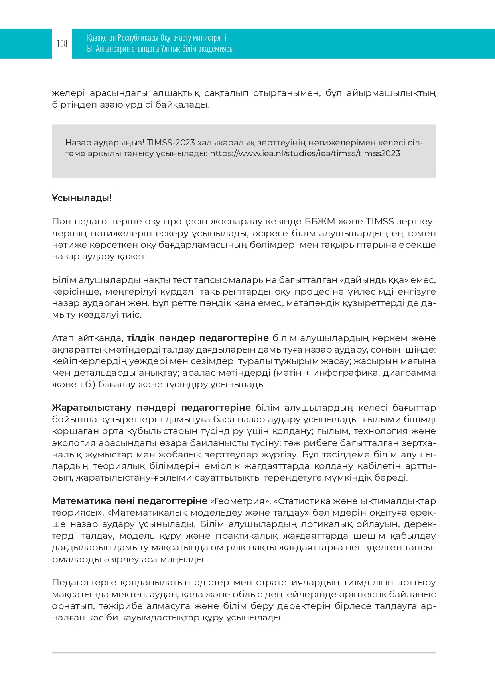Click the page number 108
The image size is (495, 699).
[62, 44]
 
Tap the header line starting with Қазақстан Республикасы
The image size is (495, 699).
[156, 38]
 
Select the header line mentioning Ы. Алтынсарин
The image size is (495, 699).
[160, 49]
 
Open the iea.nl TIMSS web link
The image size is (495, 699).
[305, 153]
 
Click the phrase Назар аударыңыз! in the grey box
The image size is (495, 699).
[105, 143]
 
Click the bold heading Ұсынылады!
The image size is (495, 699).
[82, 198]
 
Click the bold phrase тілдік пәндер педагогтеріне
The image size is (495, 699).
[198, 338]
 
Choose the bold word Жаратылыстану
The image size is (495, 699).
[92, 408]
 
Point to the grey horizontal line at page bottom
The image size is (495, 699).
[244, 653]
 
